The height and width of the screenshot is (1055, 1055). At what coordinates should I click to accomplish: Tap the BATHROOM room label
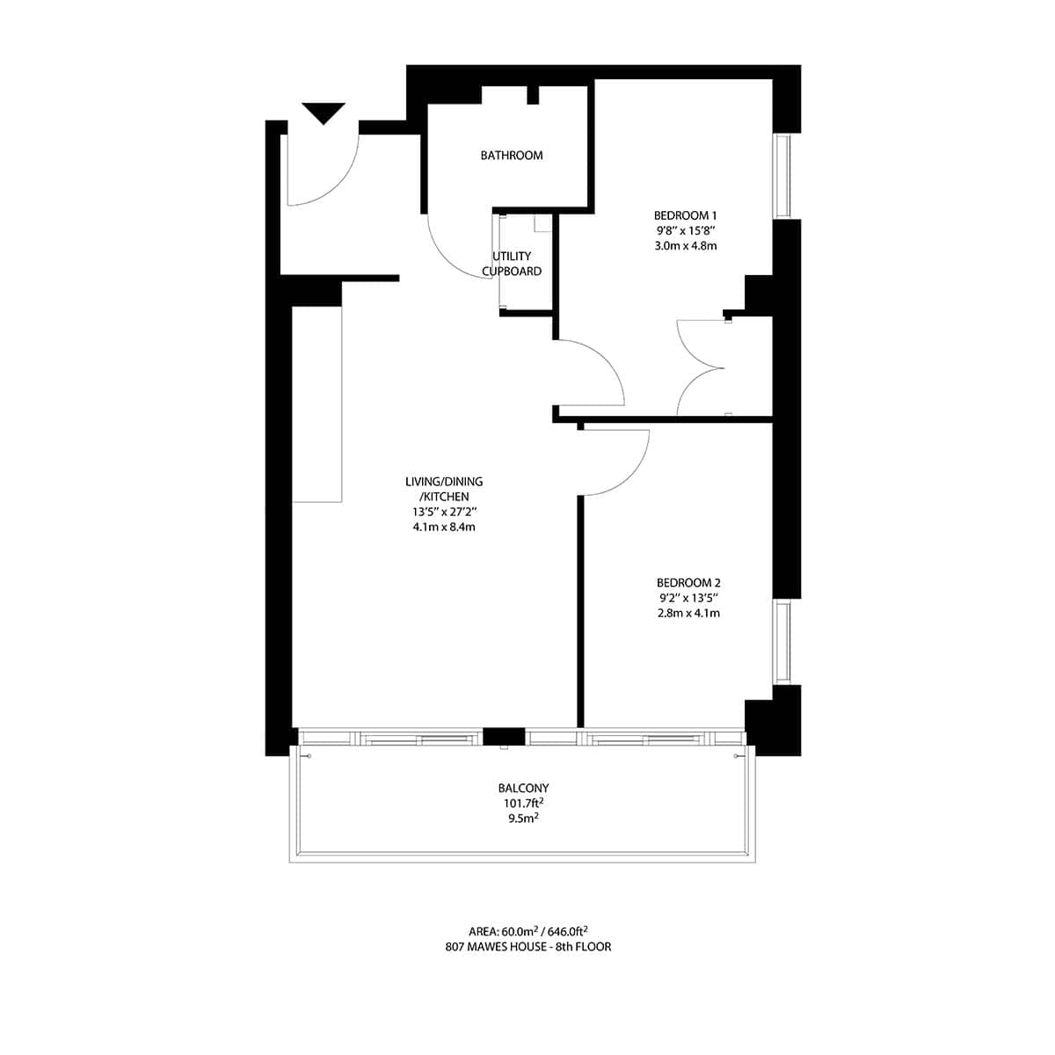512,156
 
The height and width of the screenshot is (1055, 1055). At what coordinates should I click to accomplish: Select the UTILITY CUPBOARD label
512,264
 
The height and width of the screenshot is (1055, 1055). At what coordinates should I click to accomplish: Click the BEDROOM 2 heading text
688,582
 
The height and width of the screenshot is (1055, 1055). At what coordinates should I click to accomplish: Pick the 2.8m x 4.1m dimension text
688,613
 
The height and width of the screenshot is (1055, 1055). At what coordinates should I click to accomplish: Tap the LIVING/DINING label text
444,482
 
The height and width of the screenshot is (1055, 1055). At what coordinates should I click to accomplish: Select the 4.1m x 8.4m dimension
444,527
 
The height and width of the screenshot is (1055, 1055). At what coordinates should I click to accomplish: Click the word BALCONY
522,789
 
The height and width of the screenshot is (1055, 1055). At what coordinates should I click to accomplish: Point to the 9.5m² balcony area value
522,818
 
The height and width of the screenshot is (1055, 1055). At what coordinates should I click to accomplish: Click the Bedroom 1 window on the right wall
782,175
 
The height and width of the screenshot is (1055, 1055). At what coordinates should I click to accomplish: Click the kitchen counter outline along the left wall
316,404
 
